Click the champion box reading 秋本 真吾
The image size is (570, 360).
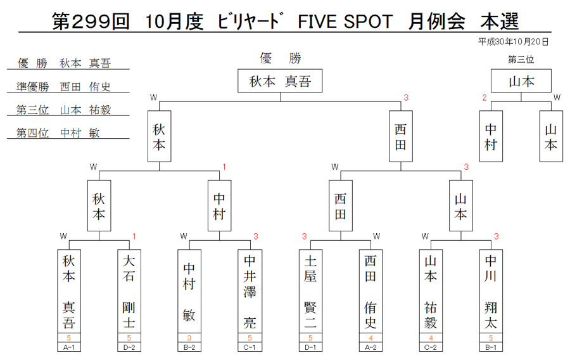pos(280,80)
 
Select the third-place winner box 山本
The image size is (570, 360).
pos(521,80)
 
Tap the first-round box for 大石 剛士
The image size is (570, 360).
pos(129,291)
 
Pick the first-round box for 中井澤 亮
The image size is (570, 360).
pos(250,291)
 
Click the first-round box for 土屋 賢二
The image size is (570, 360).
pos(310,291)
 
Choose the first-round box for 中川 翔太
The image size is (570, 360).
pos(491,291)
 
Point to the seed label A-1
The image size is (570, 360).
pos(68,347)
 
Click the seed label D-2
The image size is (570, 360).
pos(129,347)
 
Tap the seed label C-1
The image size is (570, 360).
pos(250,347)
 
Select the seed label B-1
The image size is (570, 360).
pos(491,347)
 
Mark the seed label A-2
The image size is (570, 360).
pos(370,347)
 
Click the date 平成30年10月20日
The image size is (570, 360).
pos(513,42)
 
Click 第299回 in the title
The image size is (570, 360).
pos(91,22)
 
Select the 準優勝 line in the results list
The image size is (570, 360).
pos(63,87)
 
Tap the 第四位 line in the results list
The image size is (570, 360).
pos(58,132)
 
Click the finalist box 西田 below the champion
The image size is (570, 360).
pos(401,136)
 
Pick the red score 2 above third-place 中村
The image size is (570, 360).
pos(484,98)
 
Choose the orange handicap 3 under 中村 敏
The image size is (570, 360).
pos(189,338)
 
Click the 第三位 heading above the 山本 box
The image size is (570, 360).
pos(521,60)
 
